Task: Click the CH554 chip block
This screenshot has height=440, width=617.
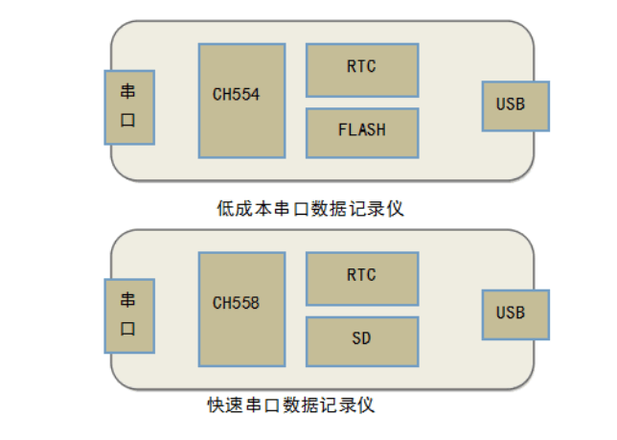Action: tap(241, 100)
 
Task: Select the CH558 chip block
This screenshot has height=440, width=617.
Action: tap(241, 309)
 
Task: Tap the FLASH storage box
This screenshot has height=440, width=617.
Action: tap(362, 132)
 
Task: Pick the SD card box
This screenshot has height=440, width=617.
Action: tap(362, 340)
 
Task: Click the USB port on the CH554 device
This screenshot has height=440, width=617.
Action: tap(515, 105)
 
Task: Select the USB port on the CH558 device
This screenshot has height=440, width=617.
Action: tap(515, 313)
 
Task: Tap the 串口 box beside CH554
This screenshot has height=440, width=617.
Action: tap(128, 105)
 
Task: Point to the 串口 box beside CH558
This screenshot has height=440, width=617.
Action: tap(128, 313)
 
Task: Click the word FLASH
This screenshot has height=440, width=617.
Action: tap(362, 128)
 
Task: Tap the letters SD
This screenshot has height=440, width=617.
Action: tap(362, 338)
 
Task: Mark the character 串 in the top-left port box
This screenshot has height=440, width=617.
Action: tap(128, 92)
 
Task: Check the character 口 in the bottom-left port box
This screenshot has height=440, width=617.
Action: tap(128, 329)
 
